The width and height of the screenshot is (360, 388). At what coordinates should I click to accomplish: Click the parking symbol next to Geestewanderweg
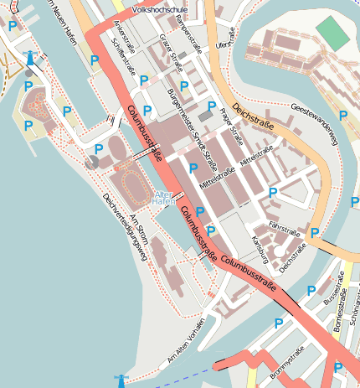(x=342, y=115)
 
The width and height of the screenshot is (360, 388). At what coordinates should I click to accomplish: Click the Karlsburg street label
(x=260, y=249)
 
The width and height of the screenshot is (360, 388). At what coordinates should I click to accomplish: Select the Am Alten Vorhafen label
(x=186, y=342)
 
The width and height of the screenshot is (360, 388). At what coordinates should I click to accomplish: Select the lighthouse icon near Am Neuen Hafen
(x=30, y=58)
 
